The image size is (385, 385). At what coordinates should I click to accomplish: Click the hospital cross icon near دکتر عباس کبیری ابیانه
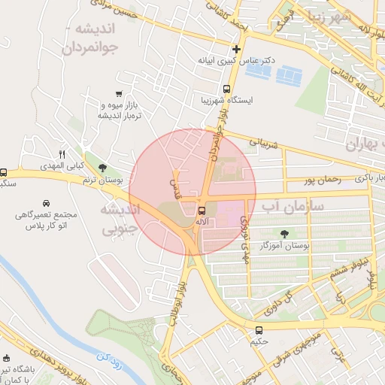click(236, 49)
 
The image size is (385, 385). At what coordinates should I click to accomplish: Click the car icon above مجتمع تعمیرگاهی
click(47, 203)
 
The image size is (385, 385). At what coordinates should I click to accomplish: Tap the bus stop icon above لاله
click(201, 210)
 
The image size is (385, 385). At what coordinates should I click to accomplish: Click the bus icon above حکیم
click(259, 329)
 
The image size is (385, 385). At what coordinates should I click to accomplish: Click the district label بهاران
click(365, 145)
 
